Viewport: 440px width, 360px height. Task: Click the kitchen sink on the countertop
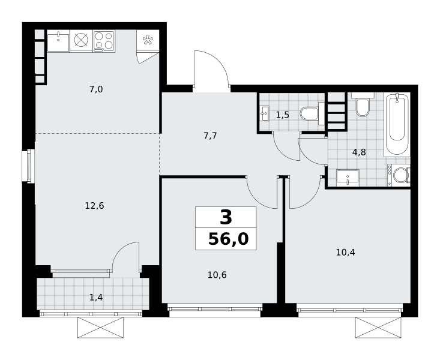point(58,43)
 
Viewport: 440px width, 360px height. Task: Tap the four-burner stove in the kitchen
point(103,41)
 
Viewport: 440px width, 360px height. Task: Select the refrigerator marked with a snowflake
point(148,40)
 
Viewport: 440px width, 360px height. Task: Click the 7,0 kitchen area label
point(96,89)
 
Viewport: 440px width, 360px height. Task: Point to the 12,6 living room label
point(95,206)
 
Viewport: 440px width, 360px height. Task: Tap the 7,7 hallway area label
point(210,136)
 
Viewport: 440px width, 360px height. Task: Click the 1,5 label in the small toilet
point(282,115)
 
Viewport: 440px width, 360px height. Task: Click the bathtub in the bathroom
point(397,125)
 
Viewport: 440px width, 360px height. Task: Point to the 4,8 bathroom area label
point(359,152)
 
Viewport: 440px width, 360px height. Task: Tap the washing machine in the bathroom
point(399,175)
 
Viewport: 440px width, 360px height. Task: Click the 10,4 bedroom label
point(345,253)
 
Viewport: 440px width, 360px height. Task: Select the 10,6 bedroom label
point(217,275)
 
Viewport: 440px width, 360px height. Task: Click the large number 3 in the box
point(226,217)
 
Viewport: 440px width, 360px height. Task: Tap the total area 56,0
point(229,239)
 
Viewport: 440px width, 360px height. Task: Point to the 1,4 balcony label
point(96,298)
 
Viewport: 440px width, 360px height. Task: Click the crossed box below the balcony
point(100,328)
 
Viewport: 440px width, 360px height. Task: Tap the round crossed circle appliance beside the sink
point(81,41)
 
